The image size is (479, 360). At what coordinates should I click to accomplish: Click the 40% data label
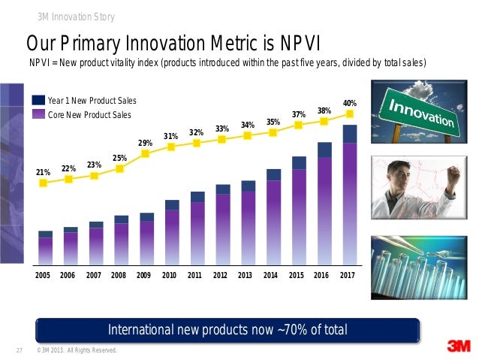coord(350,102)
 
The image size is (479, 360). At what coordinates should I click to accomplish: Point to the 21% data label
coord(44,172)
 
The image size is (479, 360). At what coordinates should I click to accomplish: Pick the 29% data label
coord(146,143)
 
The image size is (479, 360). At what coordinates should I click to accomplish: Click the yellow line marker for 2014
coord(273,132)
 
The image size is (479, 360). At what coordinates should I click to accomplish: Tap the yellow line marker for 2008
coord(120,168)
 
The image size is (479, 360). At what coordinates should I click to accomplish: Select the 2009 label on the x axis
coord(143,276)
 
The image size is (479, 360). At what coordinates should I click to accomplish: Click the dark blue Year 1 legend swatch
coord(38,100)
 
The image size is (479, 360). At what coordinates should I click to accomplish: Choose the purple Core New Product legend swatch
coord(38,114)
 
